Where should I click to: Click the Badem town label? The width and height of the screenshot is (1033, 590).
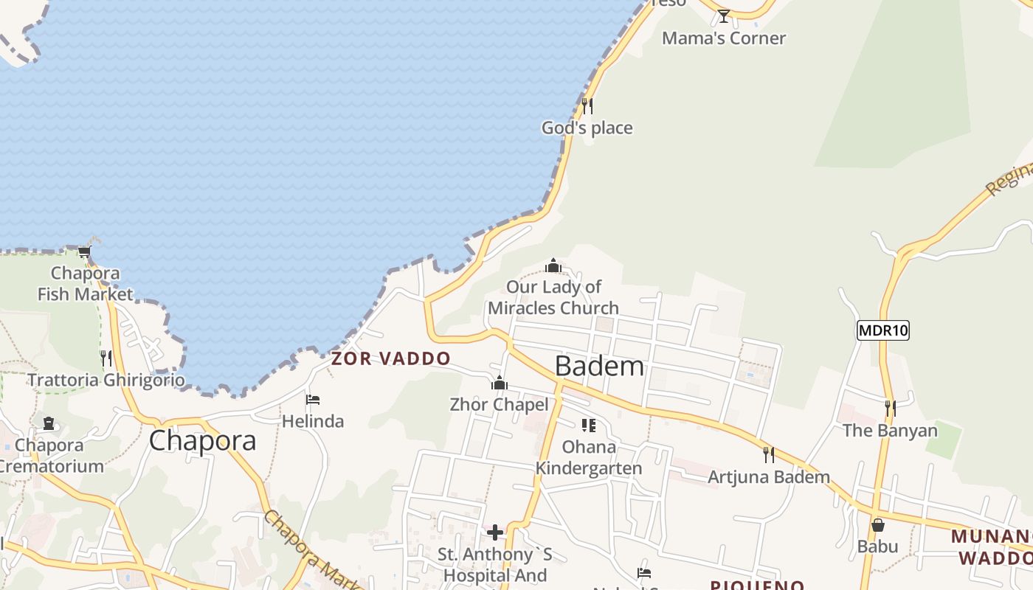599,366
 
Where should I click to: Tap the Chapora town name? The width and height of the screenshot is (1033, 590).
202,440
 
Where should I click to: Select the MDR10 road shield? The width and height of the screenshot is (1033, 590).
882,330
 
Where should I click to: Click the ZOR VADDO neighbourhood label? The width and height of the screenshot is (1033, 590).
390,359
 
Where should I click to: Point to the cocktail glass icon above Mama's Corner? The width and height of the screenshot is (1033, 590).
723,15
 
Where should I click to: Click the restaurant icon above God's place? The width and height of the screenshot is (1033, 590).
587,106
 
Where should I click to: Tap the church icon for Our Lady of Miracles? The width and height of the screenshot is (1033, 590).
553,265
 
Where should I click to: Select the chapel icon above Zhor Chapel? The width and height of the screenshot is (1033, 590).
500,383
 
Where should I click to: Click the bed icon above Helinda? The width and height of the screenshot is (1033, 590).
313,400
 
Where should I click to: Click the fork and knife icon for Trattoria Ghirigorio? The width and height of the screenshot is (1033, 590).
106,358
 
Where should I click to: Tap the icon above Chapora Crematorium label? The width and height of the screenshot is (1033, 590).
49,423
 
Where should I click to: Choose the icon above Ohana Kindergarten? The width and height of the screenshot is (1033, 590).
588,426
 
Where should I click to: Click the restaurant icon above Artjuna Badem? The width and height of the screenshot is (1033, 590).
768,454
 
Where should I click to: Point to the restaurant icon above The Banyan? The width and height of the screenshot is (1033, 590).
890,408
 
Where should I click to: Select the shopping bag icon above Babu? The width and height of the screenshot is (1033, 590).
877,525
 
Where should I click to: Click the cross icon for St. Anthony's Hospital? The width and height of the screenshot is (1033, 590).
495,532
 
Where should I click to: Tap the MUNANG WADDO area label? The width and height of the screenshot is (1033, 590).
992,546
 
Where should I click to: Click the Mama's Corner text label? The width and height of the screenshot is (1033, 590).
723,38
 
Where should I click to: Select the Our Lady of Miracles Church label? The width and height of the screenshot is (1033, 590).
553,297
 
